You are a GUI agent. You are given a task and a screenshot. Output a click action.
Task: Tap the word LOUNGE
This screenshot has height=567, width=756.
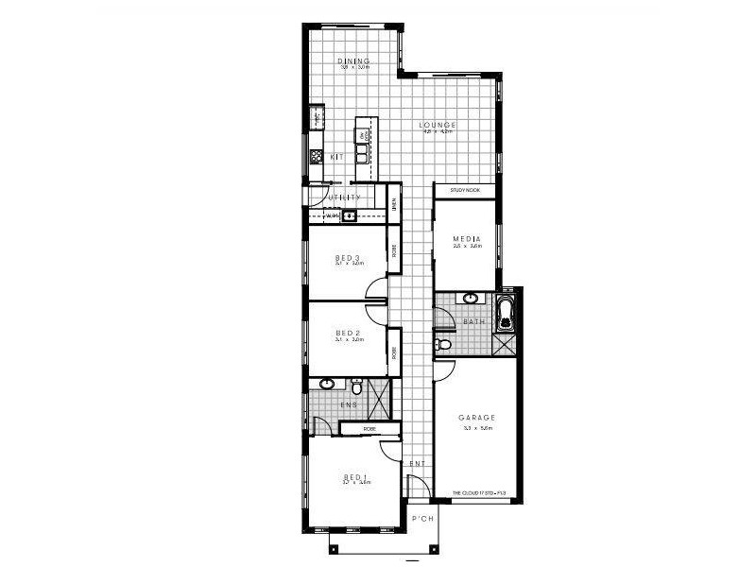point(438,125)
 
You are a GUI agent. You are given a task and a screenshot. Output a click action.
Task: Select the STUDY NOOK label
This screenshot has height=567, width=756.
point(465,190)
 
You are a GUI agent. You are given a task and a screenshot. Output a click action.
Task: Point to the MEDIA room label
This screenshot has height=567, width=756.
point(467,238)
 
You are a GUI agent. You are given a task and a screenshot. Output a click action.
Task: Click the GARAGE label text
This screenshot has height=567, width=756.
point(477,418)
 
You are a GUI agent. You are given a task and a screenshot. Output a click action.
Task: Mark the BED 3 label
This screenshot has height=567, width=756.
point(349,257)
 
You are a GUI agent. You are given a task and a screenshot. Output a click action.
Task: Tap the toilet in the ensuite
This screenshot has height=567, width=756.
point(357,387)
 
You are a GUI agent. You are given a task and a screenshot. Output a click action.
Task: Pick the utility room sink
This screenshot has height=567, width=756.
point(348,216)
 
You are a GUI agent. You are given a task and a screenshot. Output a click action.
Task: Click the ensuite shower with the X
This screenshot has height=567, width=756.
point(379,399)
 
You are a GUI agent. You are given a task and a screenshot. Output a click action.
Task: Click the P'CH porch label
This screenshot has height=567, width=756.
point(423,519)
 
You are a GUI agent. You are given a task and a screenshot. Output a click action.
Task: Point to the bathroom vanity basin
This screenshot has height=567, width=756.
point(471,299)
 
